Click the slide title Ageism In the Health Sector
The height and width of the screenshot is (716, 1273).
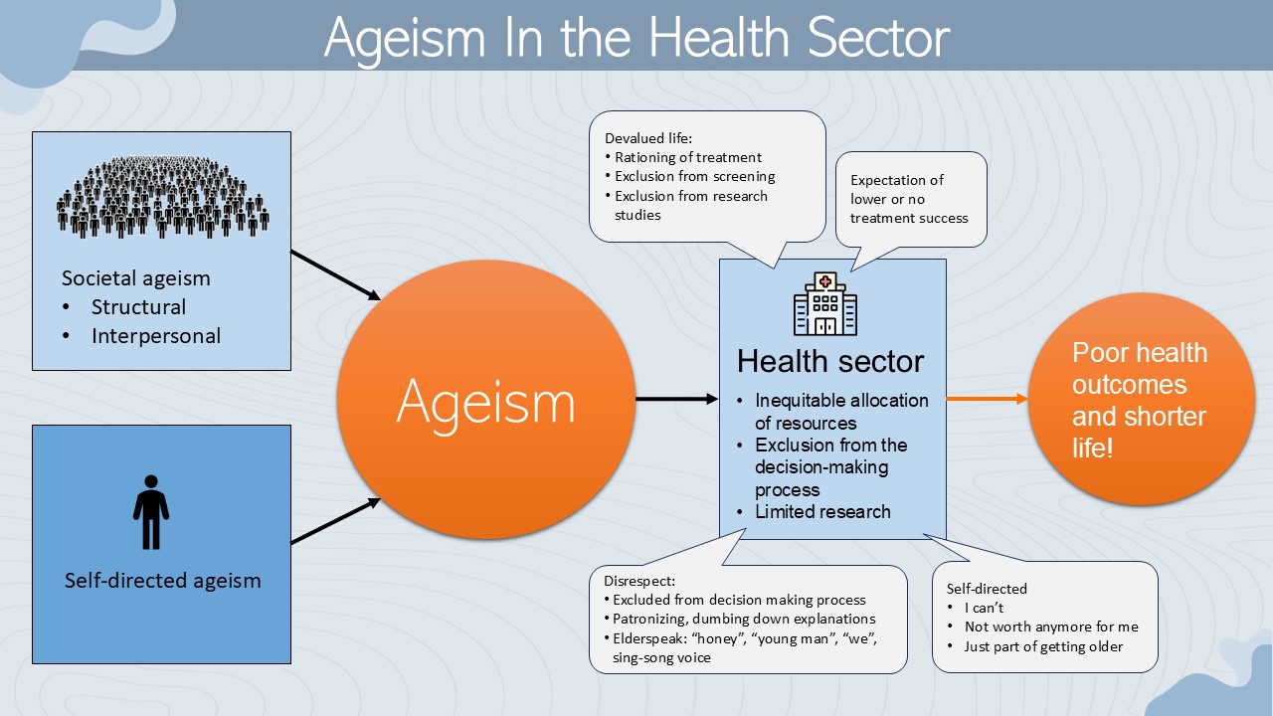point(636,37)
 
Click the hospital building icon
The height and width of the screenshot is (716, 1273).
point(824,304)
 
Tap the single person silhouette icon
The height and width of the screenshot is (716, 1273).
point(151,512)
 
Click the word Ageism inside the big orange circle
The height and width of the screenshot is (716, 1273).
point(486,401)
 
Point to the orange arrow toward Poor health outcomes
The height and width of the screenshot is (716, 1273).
point(987,400)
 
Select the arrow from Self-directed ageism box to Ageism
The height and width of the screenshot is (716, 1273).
point(336,521)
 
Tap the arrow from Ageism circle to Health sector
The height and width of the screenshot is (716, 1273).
point(676,400)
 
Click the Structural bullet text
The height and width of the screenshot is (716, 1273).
point(138,306)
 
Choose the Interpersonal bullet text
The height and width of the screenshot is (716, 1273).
point(156,336)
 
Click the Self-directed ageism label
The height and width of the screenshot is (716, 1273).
point(162,581)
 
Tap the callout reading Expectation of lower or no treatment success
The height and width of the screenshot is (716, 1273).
point(909,199)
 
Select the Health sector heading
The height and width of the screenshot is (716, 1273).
point(830,361)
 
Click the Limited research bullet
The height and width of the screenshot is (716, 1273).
point(822,512)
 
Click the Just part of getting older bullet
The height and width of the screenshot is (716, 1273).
point(1043,646)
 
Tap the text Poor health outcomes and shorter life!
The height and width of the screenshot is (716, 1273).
point(1140,400)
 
